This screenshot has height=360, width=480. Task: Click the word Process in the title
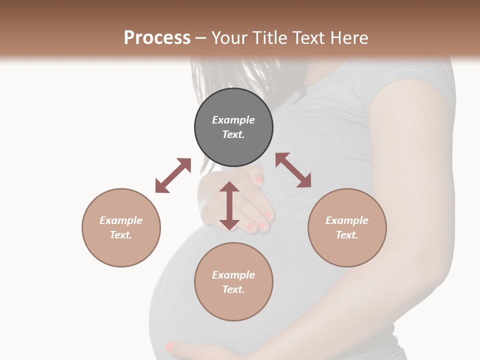pos(157,38)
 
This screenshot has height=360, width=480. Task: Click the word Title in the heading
pos(269,38)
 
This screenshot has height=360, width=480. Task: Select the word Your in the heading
pos(229,38)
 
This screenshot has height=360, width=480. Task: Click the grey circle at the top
pos(233,127)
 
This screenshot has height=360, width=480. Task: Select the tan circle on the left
pos(121,227)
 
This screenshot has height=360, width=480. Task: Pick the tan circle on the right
pos(347,227)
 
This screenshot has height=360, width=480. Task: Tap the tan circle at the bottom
pos(233,282)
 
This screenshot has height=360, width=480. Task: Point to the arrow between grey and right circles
pos(293,170)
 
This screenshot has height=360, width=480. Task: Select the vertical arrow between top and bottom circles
pos(229,206)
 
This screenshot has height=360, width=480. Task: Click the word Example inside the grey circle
pos(233,120)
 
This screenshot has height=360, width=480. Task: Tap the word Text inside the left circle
pos(120,235)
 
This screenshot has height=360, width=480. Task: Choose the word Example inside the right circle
pos(347,220)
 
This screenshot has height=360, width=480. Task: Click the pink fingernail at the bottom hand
pos(170,345)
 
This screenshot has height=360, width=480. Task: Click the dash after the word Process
pos(200,38)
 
